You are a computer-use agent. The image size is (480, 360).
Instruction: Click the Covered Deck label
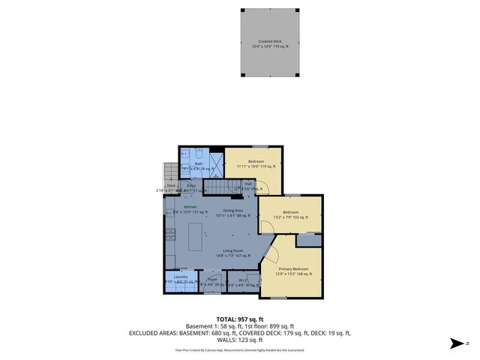click(x=271, y=42)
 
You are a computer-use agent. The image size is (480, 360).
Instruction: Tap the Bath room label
click(x=199, y=163)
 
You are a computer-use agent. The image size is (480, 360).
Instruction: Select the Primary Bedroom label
click(x=293, y=268)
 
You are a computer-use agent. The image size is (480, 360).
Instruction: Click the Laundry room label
click(x=180, y=277)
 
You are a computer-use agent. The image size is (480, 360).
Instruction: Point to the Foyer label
click(x=213, y=279)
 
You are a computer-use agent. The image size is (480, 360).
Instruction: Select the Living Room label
click(x=232, y=250)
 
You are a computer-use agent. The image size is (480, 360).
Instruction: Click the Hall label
click(x=248, y=183)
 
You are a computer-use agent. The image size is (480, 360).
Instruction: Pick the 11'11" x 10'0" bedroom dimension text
click(x=257, y=166)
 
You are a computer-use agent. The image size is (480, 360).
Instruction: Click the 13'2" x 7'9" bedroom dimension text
click(x=291, y=217)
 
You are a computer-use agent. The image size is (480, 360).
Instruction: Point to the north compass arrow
click(x=454, y=343)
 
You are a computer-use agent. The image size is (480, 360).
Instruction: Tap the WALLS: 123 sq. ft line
click(x=239, y=340)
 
